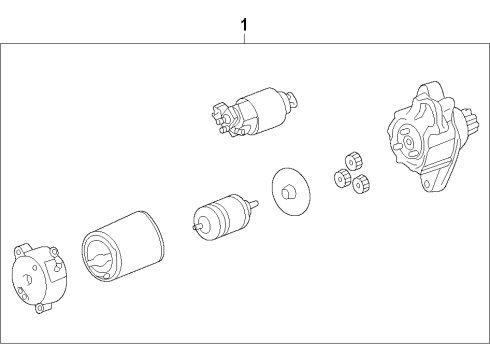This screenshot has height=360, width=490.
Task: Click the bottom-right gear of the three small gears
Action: click(x=362, y=181)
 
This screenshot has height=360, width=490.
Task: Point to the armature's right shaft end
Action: click(x=257, y=204)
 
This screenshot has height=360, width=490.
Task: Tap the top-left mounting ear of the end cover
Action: click(x=19, y=247)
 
